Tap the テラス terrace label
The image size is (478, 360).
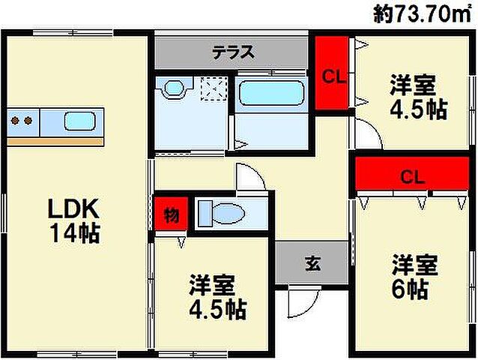click(x=233, y=52)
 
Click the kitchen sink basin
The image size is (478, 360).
click(x=79, y=121)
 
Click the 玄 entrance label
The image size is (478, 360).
click(x=312, y=263)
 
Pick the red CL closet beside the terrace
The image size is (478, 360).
click(x=332, y=74)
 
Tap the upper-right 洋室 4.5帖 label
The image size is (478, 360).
click(x=417, y=97)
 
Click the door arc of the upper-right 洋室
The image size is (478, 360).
click(x=367, y=133)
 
